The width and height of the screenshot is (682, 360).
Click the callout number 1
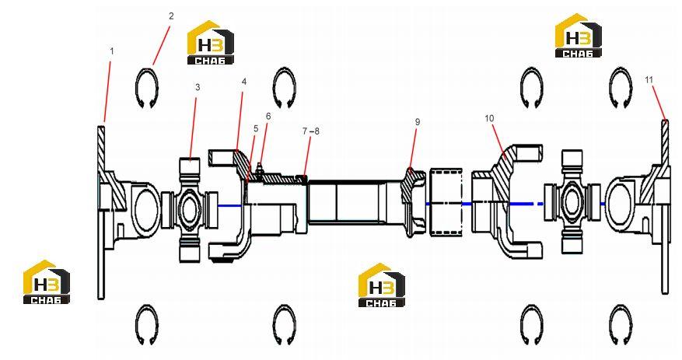point(112,51)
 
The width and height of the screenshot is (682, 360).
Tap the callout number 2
point(171,16)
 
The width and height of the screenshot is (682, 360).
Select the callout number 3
point(198,87)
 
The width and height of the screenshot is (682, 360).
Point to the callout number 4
point(244,82)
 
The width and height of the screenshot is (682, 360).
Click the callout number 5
point(256,128)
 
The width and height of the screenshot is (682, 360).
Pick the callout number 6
point(268,116)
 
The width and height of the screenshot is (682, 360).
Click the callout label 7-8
point(311,131)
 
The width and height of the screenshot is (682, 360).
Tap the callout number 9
point(418,122)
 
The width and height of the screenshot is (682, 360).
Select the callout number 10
point(489,118)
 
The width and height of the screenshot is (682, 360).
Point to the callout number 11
point(649,80)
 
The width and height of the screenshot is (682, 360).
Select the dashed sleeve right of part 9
point(446,203)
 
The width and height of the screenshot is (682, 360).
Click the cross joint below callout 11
point(572,202)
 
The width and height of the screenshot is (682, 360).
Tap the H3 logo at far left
point(47,281)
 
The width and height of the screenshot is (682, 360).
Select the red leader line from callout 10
point(500,139)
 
